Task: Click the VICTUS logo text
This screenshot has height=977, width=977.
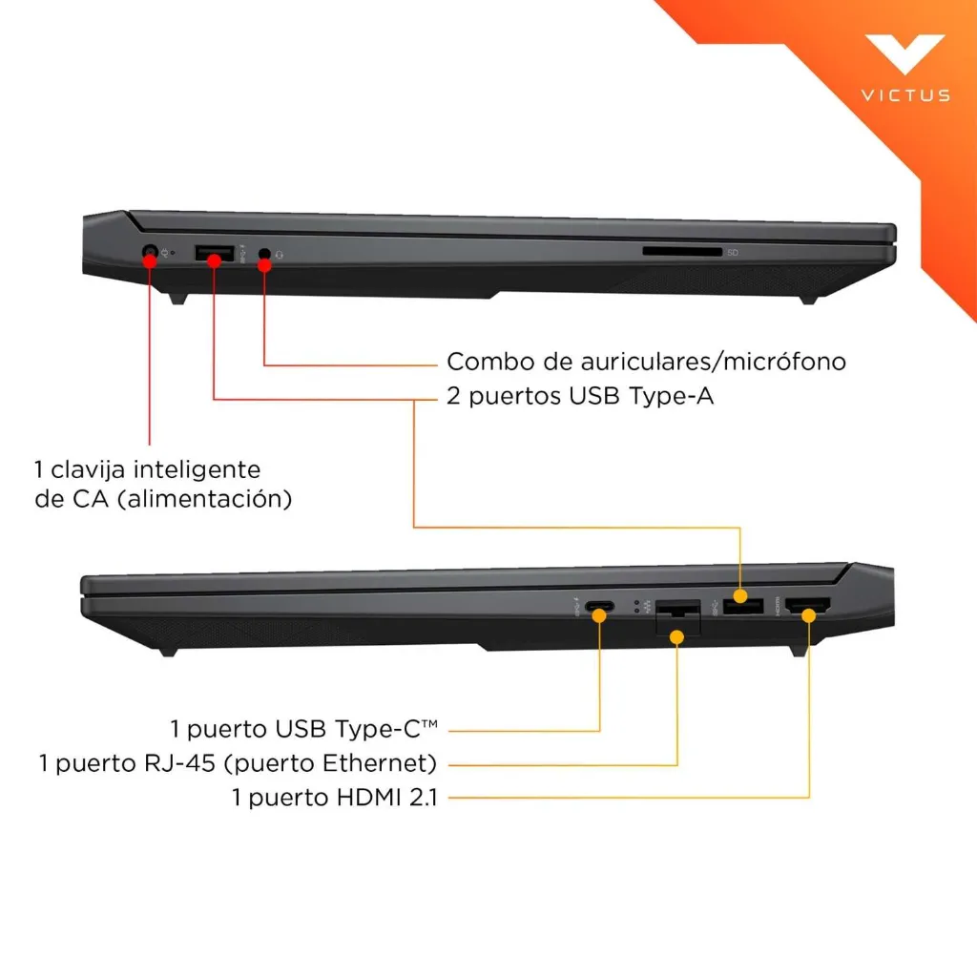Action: coord(905,95)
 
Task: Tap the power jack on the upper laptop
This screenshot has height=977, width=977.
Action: coord(150,254)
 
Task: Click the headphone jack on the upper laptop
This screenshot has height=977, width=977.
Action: coord(265,256)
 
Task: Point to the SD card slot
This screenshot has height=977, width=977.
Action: coord(682,252)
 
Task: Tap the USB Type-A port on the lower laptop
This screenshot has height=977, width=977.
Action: coord(741,605)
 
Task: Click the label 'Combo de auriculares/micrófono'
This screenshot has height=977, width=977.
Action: coord(646,363)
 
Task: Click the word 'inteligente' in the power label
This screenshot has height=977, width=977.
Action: coord(197,469)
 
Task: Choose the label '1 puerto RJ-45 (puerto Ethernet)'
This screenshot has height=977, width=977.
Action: coord(238,763)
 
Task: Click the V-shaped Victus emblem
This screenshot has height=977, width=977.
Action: coord(904,55)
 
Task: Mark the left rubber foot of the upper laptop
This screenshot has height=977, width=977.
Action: coord(178,297)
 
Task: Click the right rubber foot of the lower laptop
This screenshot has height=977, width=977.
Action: coord(799,650)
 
